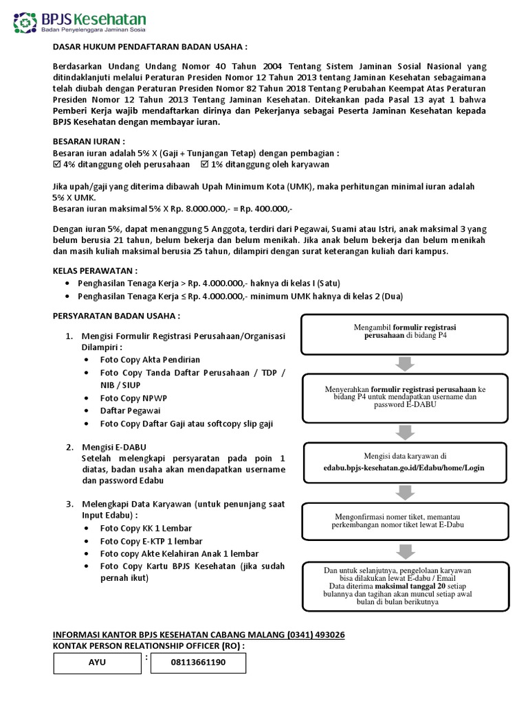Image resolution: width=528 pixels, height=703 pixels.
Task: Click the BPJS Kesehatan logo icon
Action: (25, 23)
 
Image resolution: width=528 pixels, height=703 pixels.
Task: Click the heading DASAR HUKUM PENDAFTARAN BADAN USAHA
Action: (149, 47)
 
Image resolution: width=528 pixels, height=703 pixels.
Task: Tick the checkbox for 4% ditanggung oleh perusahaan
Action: (57, 165)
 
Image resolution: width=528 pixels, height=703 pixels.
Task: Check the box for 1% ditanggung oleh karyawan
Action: (204, 165)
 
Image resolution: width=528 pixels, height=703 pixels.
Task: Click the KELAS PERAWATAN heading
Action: (95, 271)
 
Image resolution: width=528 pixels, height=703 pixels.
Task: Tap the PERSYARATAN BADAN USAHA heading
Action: (117, 316)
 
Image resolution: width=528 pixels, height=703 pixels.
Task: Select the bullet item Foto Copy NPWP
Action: (133, 398)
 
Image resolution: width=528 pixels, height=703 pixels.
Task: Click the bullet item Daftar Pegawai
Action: (130, 411)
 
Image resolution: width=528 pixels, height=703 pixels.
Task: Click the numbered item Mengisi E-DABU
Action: (113, 448)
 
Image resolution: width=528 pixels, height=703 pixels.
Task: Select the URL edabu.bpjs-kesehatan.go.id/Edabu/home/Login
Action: (405, 468)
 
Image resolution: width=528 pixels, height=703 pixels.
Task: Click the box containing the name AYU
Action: (97, 663)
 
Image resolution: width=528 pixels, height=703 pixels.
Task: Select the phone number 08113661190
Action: (197, 663)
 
